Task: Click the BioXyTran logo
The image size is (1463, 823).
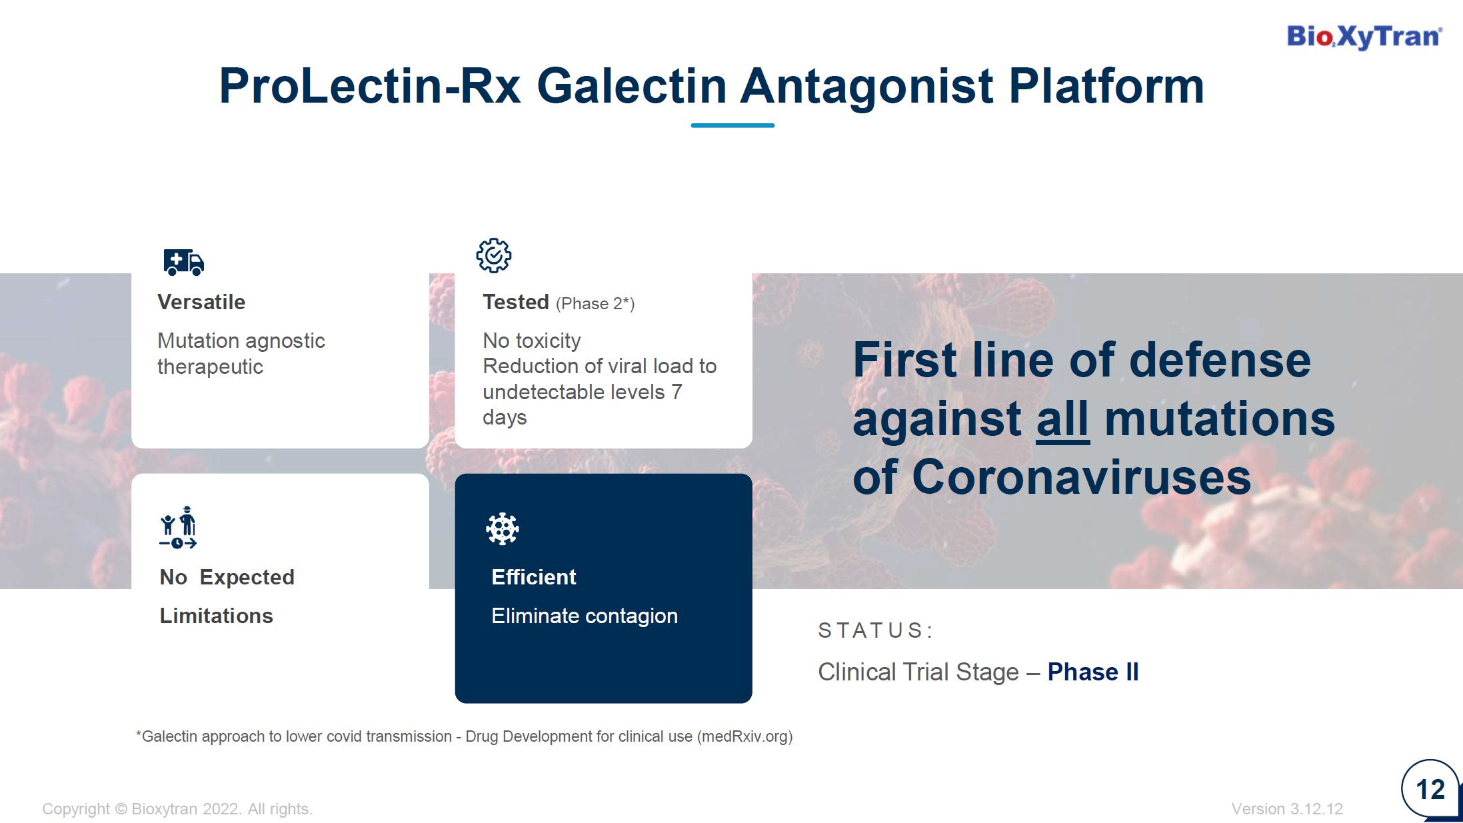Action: [x=1364, y=37]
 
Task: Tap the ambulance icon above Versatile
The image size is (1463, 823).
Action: [x=184, y=262]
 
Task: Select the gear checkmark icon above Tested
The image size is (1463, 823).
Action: [x=494, y=255]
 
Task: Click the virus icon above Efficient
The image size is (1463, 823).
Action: [x=503, y=529]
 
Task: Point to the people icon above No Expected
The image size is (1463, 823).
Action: [x=178, y=527]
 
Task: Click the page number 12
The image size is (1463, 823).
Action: [x=1430, y=790]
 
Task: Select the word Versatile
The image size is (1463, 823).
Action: [x=201, y=302]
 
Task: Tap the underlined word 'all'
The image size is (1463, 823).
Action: [x=1063, y=419]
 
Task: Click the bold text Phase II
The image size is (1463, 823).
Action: [x=1093, y=672]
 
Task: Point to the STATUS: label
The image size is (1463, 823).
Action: [x=875, y=630]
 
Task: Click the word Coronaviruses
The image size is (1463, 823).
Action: [x=1081, y=477]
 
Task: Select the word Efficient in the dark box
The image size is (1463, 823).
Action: [x=534, y=577]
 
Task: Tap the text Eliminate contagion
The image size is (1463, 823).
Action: [x=585, y=616]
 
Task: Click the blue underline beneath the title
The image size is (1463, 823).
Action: [x=732, y=125]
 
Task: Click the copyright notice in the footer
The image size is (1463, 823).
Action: [x=177, y=809]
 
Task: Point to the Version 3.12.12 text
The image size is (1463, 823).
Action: [x=1287, y=809]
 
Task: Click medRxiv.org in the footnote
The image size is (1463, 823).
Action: [x=744, y=736]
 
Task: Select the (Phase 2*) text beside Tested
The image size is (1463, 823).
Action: [x=595, y=304]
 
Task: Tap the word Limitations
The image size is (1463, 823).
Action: [x=217, y=616]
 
